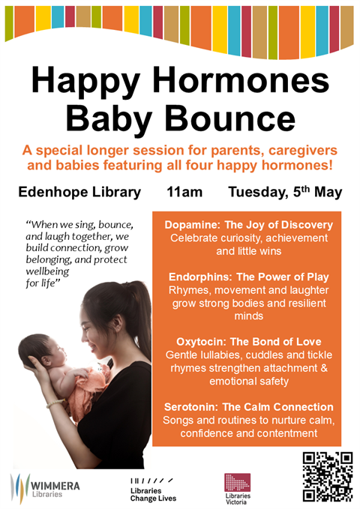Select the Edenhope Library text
79,192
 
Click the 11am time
184,192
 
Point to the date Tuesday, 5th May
285,192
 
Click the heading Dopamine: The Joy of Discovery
247,224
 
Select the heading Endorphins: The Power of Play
248,277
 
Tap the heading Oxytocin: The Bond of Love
247,341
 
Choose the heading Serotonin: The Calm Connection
248,406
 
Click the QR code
327,476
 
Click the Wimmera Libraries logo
45,488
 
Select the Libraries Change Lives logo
153,490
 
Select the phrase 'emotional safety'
247,382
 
